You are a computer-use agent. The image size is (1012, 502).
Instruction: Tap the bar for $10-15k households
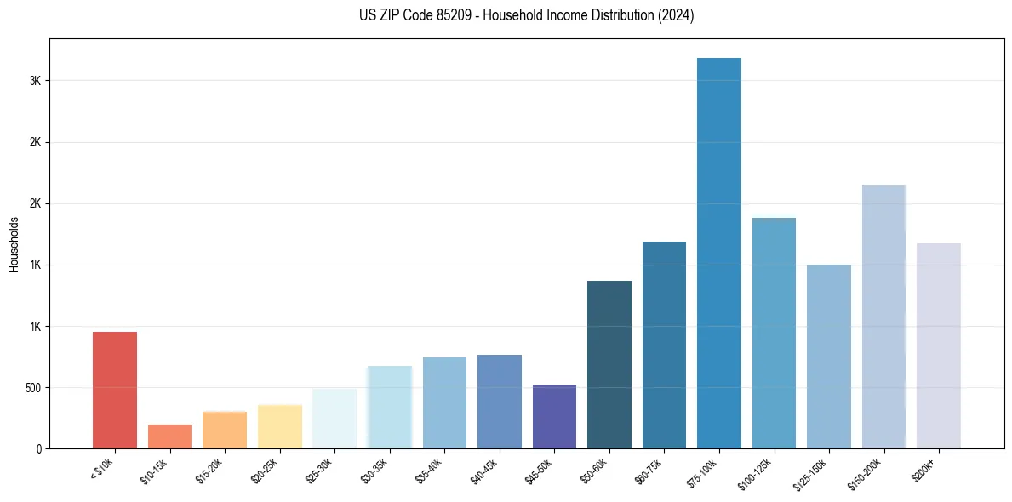click(169, 436)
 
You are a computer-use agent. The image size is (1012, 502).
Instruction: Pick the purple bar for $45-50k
click(554, 416)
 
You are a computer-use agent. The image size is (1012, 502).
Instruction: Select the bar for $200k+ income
click(938, 345)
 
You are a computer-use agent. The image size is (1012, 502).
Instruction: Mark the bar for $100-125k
click(774, 333)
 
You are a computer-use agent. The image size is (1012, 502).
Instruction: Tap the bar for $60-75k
click(664, 345)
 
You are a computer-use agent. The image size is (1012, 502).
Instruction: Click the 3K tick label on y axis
click(35, 81)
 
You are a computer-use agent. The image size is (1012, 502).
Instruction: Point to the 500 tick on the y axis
click(32, 388)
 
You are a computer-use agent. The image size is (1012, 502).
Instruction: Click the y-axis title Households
click(14, 244)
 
